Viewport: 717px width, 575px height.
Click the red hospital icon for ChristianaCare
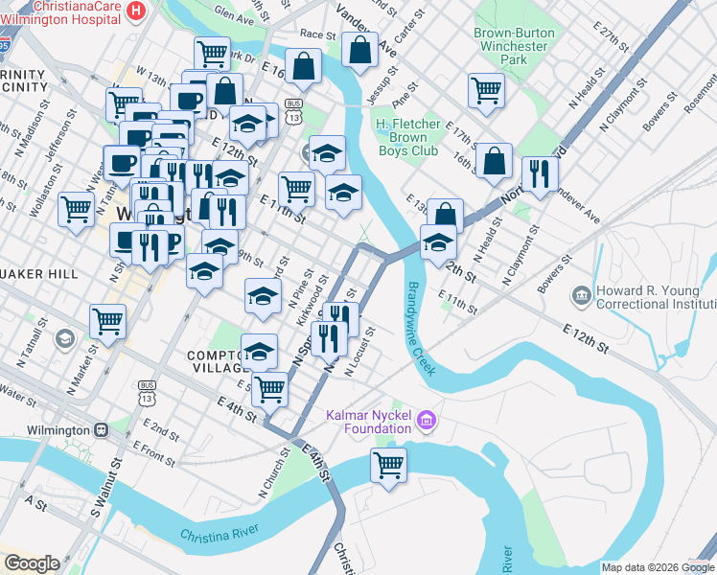click(137, 11)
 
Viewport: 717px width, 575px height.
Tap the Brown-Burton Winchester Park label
click(514, 46)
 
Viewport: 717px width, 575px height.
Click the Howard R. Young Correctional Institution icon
click(580, 293)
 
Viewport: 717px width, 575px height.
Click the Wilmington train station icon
click(101, 430)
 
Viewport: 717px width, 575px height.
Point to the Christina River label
click(220, 537)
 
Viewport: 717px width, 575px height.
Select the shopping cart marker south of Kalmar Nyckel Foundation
click(388, 467)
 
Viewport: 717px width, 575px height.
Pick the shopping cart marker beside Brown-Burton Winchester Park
click(486, 91)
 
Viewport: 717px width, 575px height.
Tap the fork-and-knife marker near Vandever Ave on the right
click(540, 174)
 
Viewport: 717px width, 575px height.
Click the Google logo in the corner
click(32, 563)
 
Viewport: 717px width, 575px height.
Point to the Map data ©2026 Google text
click(657, 567)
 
